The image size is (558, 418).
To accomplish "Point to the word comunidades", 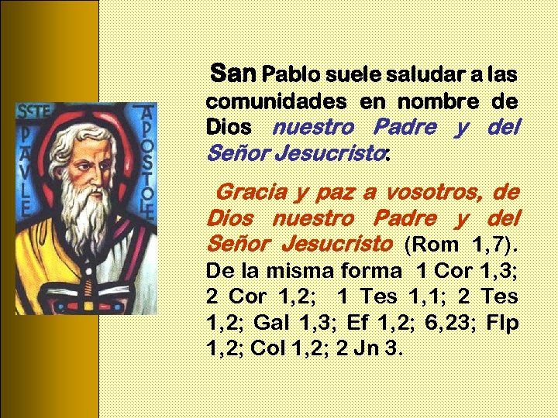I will click(x=276, y=101).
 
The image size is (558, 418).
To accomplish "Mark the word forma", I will click(x=371, y=271).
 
